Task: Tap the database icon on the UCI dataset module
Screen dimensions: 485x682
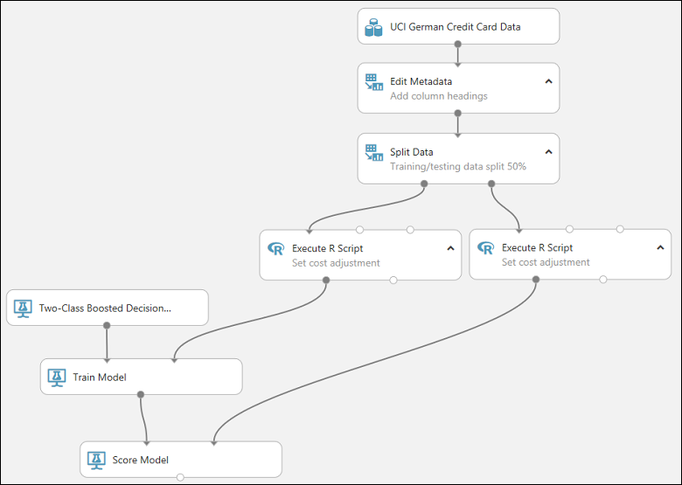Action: click(x=373, y=28)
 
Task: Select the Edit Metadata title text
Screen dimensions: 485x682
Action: click(x=421, y=81)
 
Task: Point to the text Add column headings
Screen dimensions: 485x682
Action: click(x=439, y=96)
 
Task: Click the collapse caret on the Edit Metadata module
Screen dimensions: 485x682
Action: click(x=548, y=81)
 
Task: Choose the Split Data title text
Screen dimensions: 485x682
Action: click(x=411, y=152)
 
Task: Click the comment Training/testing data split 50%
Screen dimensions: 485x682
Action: click(x=457, y=166)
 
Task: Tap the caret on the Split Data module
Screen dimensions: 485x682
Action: click(x=548, y=152)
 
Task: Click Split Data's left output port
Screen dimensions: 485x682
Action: click(x=424, y=184)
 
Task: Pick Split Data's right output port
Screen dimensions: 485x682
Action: click(x=491, y=184)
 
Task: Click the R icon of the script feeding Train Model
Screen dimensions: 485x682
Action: click(x=275, y=249)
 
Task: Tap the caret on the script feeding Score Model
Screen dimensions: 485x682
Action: click(x=660, y=248)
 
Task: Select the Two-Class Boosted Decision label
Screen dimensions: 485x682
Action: click(x=105, y=308)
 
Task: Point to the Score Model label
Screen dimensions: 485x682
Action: click(x=141, y=460)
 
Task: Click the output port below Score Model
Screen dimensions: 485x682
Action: click(x=180, y=477)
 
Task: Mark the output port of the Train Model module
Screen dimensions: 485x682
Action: click(x=141, y=394)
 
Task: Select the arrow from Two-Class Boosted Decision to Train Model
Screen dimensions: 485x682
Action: click(x=107, y=343)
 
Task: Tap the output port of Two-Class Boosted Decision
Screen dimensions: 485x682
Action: click(x=107, y=325)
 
